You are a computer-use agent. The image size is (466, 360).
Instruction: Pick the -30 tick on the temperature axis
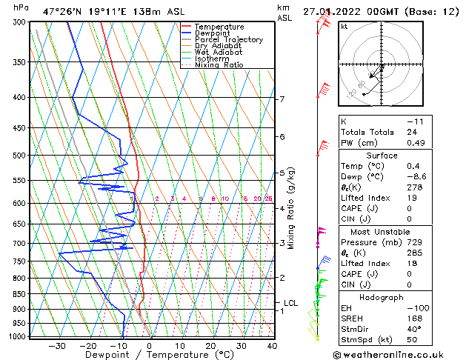click(x=56, y=345)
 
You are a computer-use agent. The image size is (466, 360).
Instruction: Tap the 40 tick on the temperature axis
click(x=272, y=345)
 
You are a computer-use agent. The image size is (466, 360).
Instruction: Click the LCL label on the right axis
click(x=290, y=303)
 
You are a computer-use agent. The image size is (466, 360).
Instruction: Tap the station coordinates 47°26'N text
click(x=62, y=12)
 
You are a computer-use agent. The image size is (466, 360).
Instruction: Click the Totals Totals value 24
click(x=411, y=132)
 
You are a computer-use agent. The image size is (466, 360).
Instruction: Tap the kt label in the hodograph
click(x=344, y=26)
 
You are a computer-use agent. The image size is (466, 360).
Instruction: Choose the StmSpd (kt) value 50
click(x=411, y=340)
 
